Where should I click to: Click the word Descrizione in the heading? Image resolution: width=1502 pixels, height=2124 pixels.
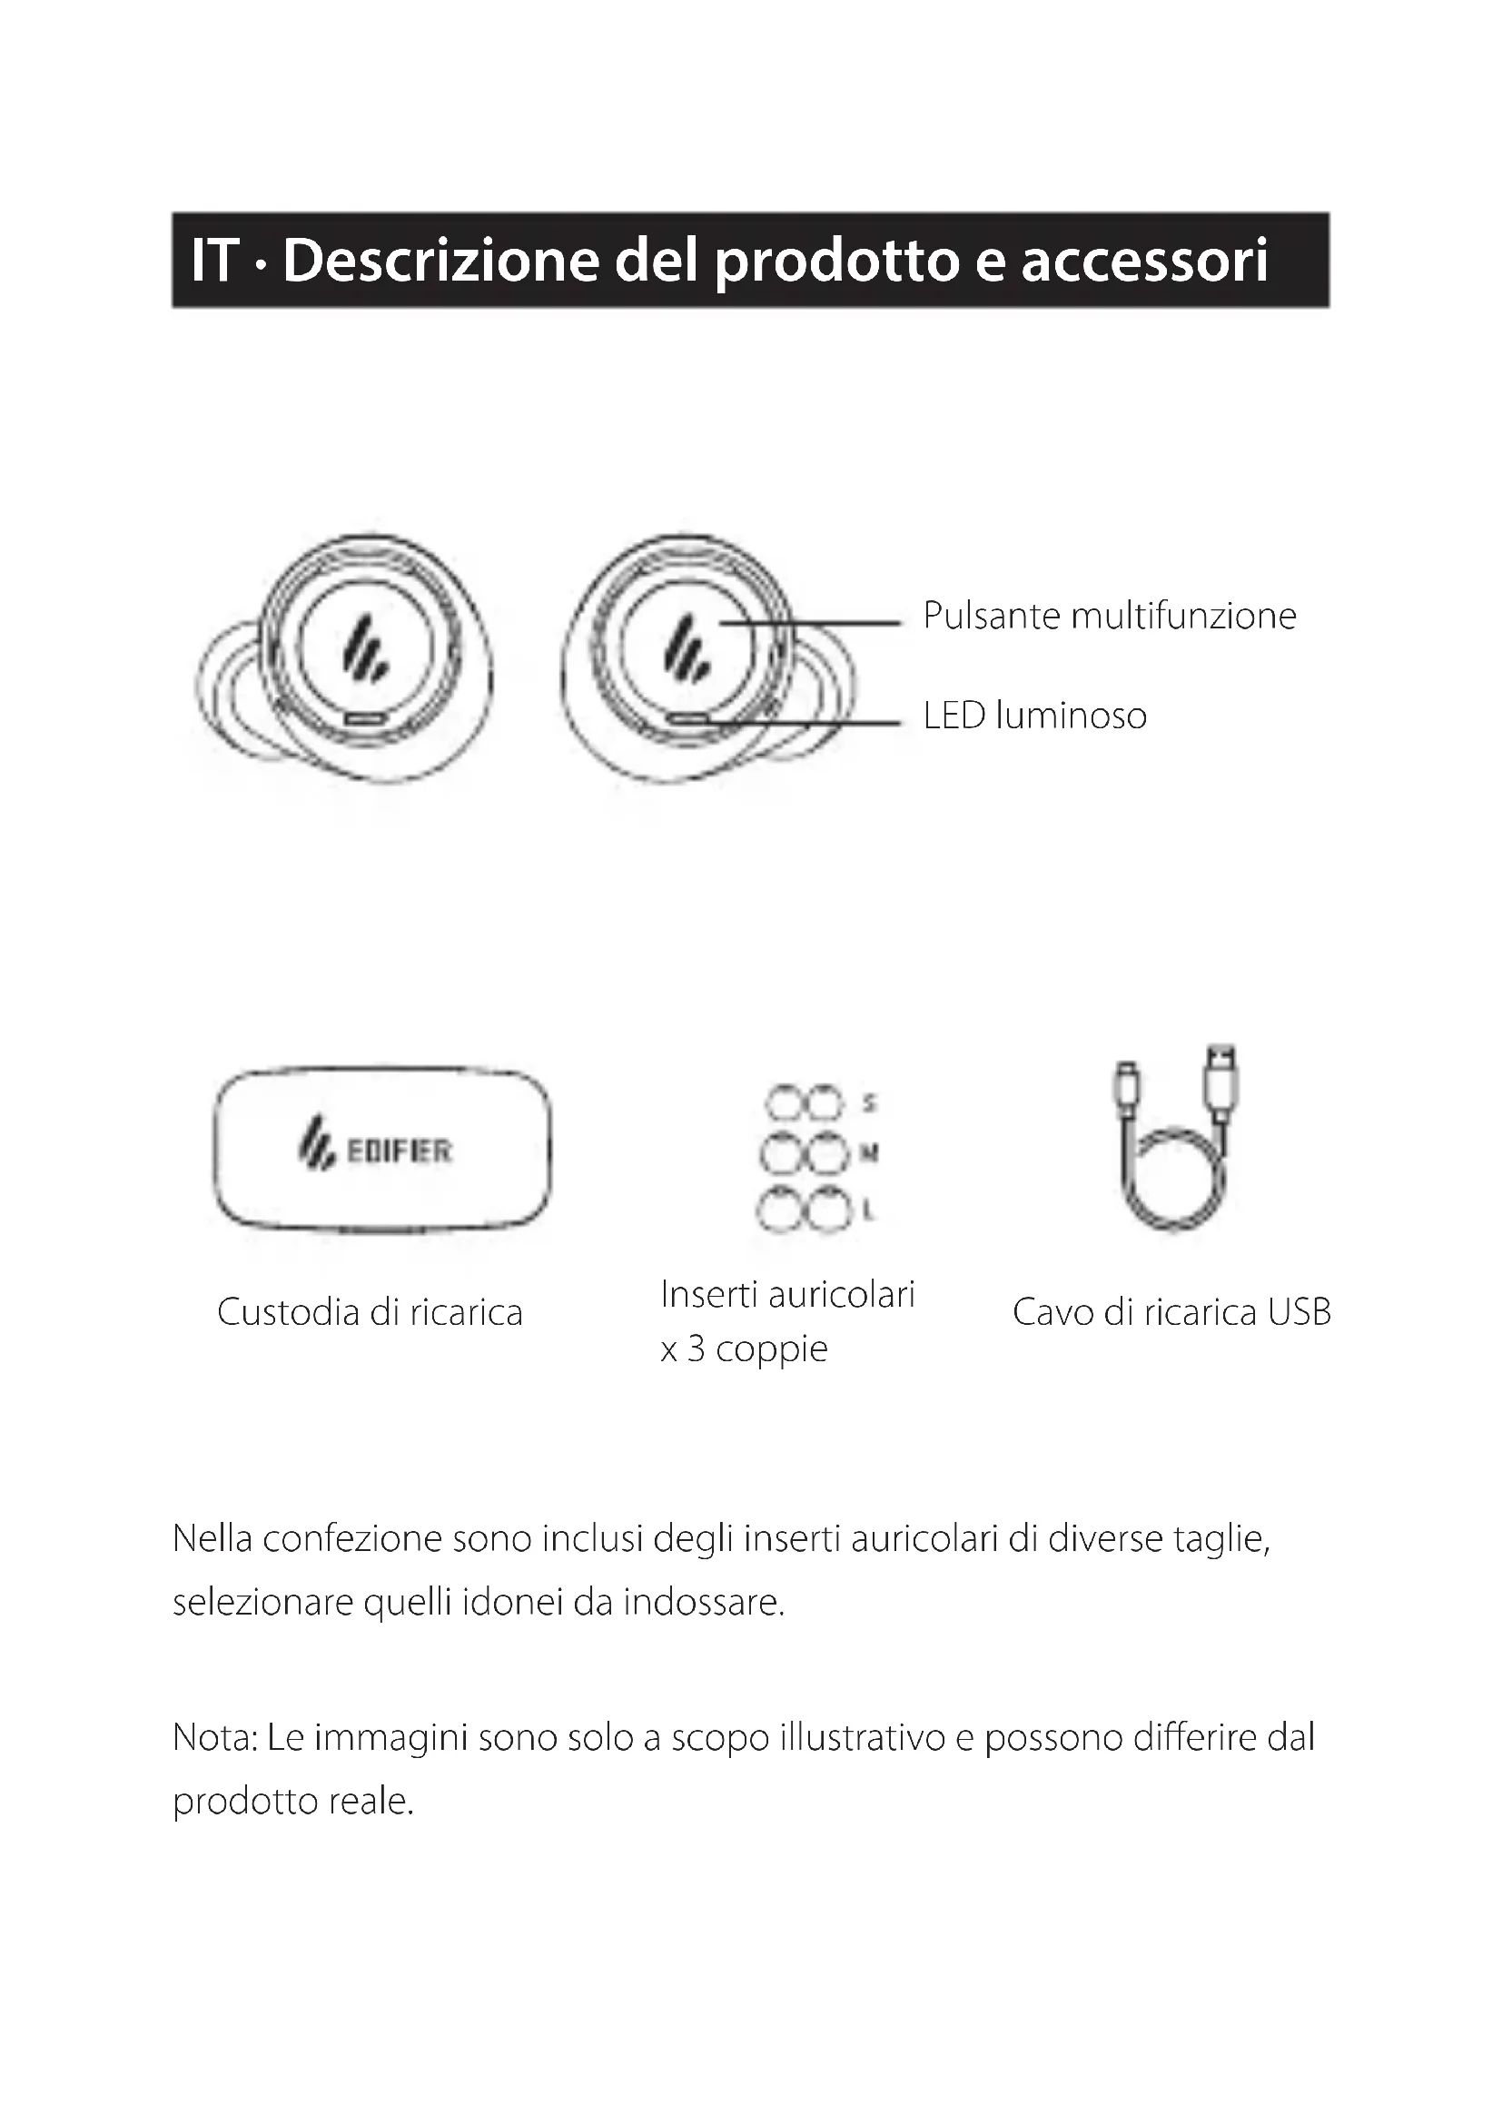click(440, 261)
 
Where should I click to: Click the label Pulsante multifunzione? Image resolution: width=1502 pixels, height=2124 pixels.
click(1109, 616)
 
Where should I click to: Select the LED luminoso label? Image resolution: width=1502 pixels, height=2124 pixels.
click(1034, 716)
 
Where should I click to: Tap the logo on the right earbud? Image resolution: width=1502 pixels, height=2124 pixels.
click(686, 647)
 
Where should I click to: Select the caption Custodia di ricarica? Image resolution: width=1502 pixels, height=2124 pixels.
click(369, 1313)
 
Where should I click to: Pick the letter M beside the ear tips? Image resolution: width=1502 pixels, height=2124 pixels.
click(869, 1153)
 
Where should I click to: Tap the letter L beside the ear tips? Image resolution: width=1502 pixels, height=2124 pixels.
click(867, 1209)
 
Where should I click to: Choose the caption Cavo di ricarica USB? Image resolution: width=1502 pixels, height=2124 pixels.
click(1171, 1313)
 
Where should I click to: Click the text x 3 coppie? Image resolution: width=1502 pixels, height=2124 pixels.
click(744, 1348)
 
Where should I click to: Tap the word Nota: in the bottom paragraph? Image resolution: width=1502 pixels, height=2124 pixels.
click(213, 1738)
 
